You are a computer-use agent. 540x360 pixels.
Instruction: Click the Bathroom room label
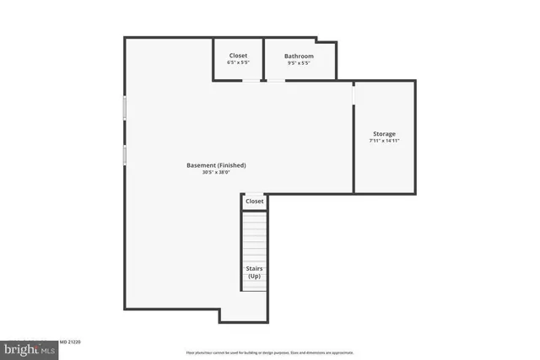pyautogui.click(x=299, y=56)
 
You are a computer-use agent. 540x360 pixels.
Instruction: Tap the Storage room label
pyautogui.click(x=384, y=134)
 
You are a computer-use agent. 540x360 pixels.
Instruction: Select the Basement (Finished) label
pyautogui.click(x=216, y=165)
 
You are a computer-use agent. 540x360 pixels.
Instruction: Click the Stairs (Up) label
pyautogui.click(x=254, y=272)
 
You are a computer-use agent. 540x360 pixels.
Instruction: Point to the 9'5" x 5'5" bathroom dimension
pyautogui.click(x=299, y=63)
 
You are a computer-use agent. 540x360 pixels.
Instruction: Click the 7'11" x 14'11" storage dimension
pyautogui.click(x=384, y=142)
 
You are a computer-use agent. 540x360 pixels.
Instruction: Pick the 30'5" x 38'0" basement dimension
pyautogui.click(x=216, y=173)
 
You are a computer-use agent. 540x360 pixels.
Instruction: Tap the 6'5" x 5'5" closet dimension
pyautogui.click(x=238, y=63)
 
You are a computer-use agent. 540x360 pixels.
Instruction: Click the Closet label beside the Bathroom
pyautogui.click(x=238, y=56)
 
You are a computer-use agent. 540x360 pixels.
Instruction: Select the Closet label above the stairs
pyautogui.click(x=254, y=201)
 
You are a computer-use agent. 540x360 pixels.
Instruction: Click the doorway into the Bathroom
pyautogui.click(x=276, y=81)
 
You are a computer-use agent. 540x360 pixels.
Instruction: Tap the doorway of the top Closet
pyautogui.click(x=251, y=81)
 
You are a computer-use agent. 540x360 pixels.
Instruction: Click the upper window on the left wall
pyautogui.click(x=125, y=107)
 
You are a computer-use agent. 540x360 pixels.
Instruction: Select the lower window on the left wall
pyautogui.click(x=125, y=155)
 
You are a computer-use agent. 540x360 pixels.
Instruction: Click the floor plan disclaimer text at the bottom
pyautogui.click(x=270, y=352)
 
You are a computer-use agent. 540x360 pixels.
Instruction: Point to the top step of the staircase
pyautogui.click(x=254, y=216)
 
